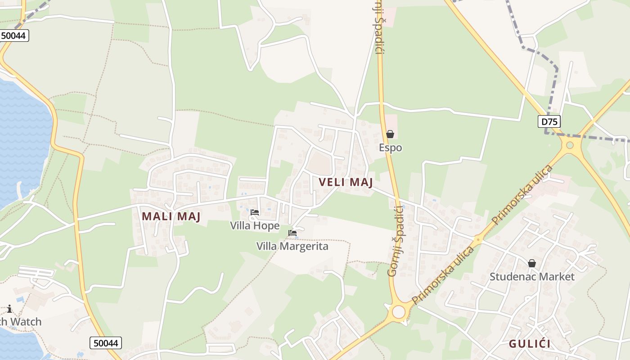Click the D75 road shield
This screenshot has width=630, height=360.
coord(549,121)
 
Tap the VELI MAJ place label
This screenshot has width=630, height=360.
coord(346,182)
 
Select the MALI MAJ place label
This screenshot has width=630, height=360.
coord(171,216)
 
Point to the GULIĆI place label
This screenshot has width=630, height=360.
coord(530,344)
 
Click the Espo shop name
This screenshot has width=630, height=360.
coord(390,148)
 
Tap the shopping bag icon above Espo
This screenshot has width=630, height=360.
coord(390,134)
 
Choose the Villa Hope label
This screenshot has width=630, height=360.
coord(255,225)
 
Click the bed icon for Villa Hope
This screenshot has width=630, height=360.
coord(255,212)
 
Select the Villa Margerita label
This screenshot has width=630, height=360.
coord(292,246)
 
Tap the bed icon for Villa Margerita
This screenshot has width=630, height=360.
coord(292,233)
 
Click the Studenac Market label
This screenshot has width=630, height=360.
coord(532,276)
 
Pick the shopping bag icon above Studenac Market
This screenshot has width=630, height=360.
coord(532,263)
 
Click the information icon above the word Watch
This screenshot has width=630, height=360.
coord(9,309)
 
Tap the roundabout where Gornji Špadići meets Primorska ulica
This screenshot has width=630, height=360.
coord(399,311)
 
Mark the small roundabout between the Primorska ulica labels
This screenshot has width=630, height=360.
coord(478,239)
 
